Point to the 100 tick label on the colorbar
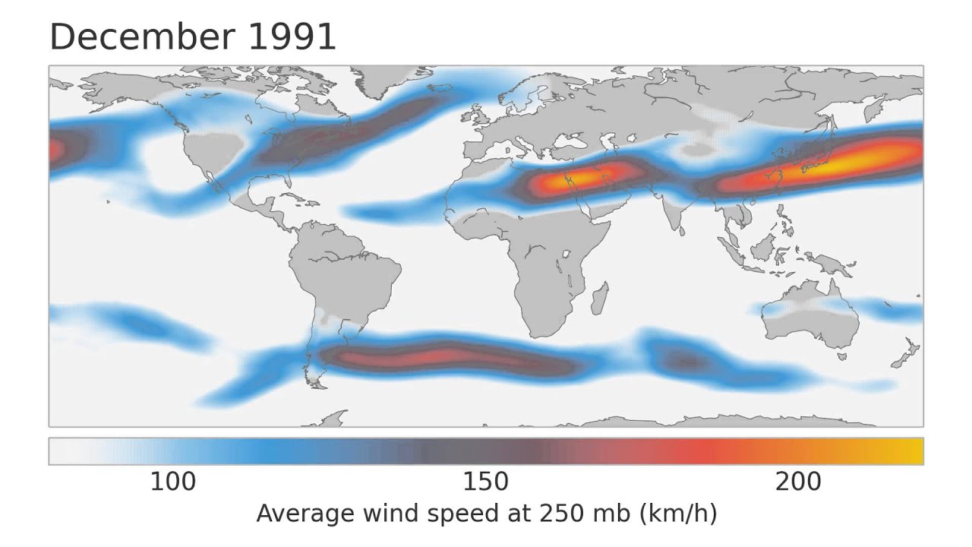(x=172, y=482)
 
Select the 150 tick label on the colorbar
(x=485, y=482)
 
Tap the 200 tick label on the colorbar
(x=798, y=482)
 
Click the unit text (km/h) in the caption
(x=678, y=514)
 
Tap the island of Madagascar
(x=599, y=299)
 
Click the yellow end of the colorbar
(x=911, y=451)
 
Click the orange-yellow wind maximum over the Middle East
(x=581, y=178)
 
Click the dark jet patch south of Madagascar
(x=687, y=361)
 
